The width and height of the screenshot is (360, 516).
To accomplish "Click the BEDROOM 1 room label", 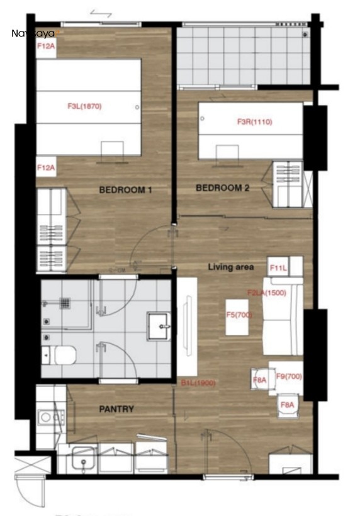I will pos(125,189).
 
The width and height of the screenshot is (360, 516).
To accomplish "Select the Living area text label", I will pos(231,267).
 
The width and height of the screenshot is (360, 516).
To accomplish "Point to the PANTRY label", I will pos(116,409).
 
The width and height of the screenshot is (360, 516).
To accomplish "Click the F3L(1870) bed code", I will pos(84,106).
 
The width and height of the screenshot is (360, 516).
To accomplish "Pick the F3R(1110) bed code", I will pos(254,122).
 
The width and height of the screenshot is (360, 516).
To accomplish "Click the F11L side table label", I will pos(278,268).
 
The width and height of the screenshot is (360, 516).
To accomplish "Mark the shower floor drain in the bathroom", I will pos(63,301).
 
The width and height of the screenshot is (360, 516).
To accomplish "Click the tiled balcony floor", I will pos(239,55).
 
